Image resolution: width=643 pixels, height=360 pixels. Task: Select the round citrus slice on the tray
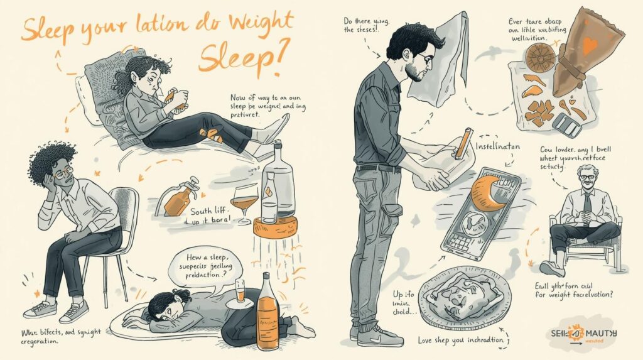click(x=538, y=58)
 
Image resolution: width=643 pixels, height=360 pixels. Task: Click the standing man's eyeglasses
click(x=426, y=60)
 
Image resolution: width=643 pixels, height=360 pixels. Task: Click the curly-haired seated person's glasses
click(x=61, y=174)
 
